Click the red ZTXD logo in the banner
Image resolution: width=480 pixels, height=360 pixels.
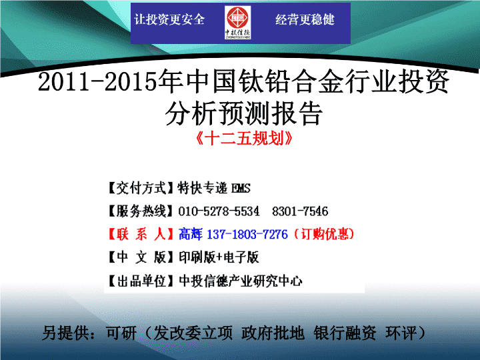(x=237, y=23)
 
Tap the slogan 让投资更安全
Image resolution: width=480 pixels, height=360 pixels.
(x=169, y=19)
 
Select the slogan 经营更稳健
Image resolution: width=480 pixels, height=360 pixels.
(x=305, y=19)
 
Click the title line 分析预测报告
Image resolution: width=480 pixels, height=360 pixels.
(x=244, y=113)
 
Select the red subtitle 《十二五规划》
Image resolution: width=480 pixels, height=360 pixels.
(x=244, y=139)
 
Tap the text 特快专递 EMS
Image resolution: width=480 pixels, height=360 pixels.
(x=214, y=188)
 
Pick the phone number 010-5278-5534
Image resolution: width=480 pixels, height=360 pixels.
(x=219, y=211)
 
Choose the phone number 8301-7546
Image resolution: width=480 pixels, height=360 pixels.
(x=300, y=211)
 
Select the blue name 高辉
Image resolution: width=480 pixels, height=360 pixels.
(x=191, y=234)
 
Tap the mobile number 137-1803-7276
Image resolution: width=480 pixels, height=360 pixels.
(x=247, y=235)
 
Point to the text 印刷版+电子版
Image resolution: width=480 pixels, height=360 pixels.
(x=219, y=257)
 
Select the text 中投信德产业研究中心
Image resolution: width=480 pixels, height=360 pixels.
(x=241, y=281)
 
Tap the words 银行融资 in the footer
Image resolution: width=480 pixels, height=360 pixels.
(x=345, y=333)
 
